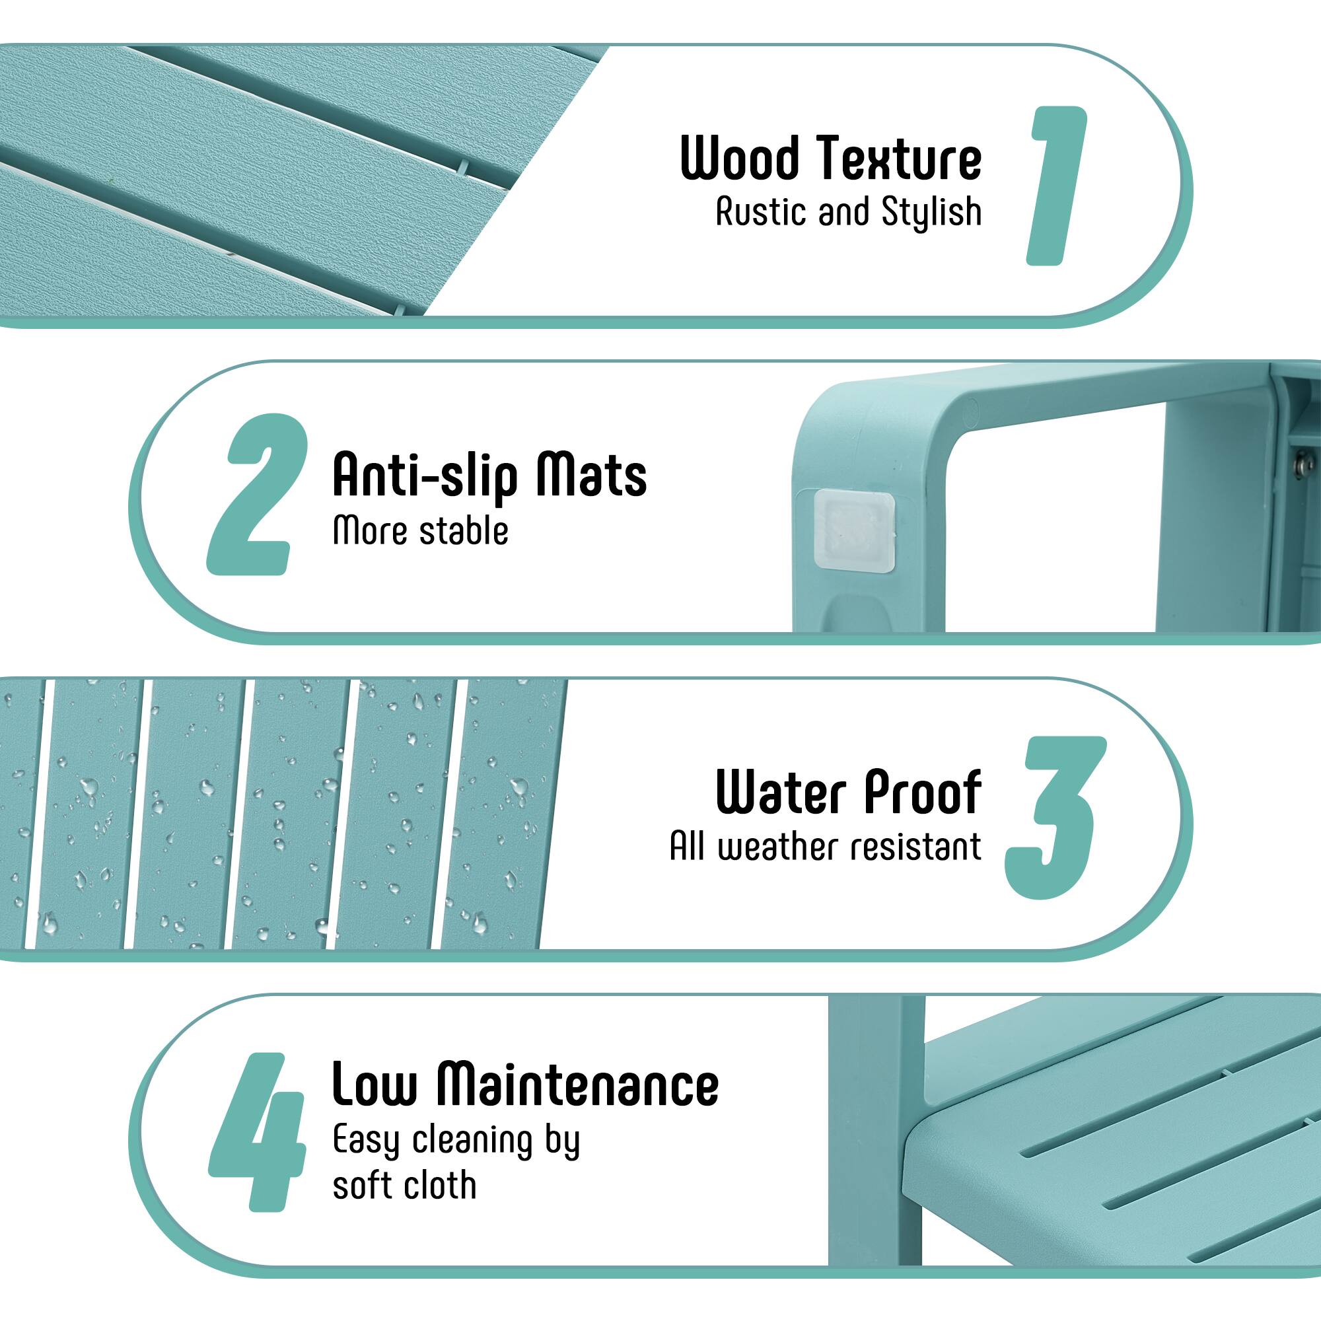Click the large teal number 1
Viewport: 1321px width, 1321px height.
1056,186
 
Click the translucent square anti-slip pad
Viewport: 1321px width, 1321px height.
853,531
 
